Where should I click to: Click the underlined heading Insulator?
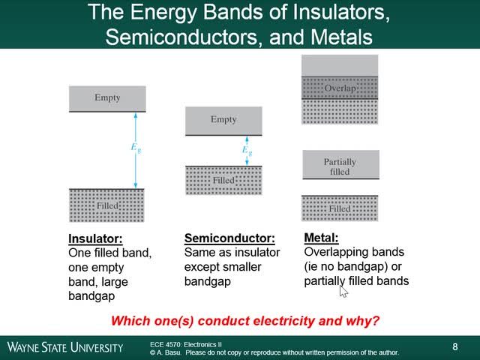[x=94, y=239]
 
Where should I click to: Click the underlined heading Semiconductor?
[x=224, y=238]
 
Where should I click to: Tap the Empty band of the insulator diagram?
[x=107, y=98]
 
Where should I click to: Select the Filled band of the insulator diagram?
[x=106, y=205]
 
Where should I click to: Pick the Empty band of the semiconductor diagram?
[x=223, y=120]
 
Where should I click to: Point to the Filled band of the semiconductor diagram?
[x=223, y=181]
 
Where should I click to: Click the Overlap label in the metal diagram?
[x=340, y=88]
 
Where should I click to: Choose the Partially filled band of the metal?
[x=340, y=166]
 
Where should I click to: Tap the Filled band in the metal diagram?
[x=340, y=208]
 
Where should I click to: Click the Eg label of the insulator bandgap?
[x=135, y=148]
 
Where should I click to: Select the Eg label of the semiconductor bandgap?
[x=247, y=150]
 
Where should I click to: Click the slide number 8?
[x=455, y=346]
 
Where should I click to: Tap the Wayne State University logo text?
[x=65, y=347]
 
